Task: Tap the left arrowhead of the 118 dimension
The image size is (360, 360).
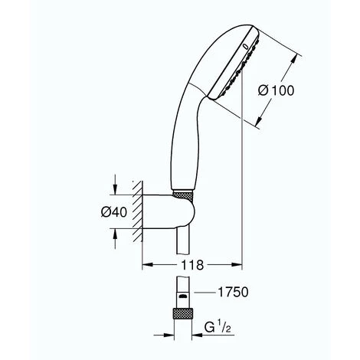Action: click(x=147, y=266)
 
